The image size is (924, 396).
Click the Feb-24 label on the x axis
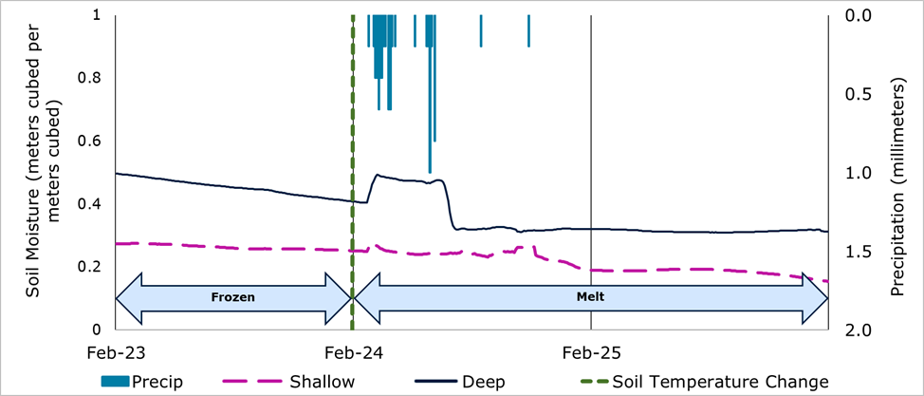tap(352, 352)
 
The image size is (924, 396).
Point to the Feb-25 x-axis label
tap(591, 352)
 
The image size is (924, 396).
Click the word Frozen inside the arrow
tap(232, 296)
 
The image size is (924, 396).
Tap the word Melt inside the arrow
tap(588, 296)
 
